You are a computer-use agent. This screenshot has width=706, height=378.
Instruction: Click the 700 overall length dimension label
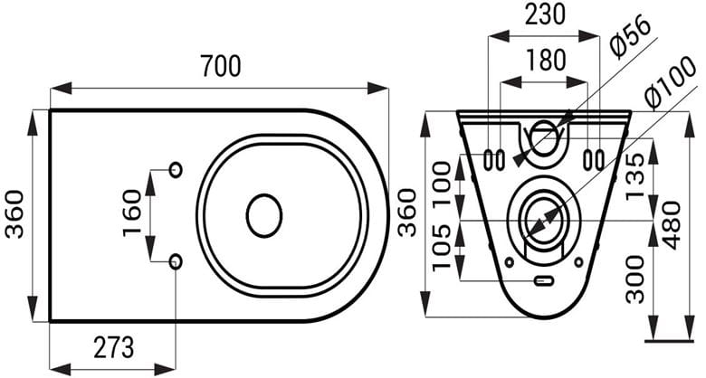coord(221,66)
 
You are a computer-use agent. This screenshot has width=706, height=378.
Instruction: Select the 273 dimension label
coord(114,347)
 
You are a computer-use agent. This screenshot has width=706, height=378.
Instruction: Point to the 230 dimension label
coord(545,14)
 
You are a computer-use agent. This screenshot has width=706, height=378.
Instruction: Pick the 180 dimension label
coord(545,60)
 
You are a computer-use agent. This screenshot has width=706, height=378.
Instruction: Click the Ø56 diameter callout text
coord(629,37)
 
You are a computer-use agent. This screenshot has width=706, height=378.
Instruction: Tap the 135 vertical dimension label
coord(635,175)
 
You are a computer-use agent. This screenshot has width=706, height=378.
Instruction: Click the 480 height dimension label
coord(673,225)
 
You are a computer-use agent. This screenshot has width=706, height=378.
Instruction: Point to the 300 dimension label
coord(635,279)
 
